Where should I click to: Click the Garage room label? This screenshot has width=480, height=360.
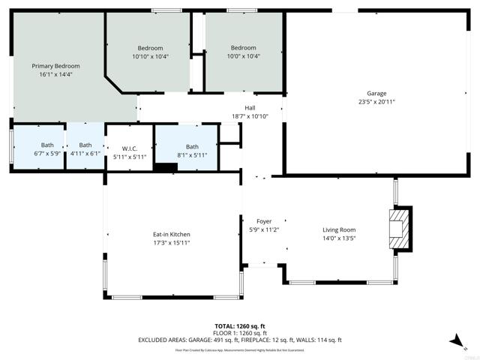click(376, 93)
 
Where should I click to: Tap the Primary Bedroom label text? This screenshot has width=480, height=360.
click(55, 66)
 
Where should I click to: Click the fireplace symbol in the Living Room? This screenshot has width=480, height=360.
click(400, 229)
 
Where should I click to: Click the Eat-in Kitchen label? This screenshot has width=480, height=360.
click(172, 234)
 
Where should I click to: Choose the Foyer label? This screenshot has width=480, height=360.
click(264, 221)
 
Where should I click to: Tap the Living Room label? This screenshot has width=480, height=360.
click(339, 230)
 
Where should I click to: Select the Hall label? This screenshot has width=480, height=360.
click(250, 107)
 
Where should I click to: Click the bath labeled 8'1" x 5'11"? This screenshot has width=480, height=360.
click(192, 147)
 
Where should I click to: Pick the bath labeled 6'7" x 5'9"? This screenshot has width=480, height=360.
click(47, 145)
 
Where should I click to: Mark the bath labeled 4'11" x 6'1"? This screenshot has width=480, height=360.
click(85, 145)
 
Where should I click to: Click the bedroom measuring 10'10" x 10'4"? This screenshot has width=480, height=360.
click(150, 48)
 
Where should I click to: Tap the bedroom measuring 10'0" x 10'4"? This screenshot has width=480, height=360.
click(244, 48)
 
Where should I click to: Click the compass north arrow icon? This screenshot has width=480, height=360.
click(456, 341)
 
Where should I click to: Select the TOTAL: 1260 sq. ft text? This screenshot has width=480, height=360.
click(240, 326)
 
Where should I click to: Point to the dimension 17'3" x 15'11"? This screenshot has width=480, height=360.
click(172, 242)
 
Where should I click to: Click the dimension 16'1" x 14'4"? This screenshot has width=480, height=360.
click(55, 74)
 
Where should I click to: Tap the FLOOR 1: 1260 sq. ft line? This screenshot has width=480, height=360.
click(240, 333)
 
